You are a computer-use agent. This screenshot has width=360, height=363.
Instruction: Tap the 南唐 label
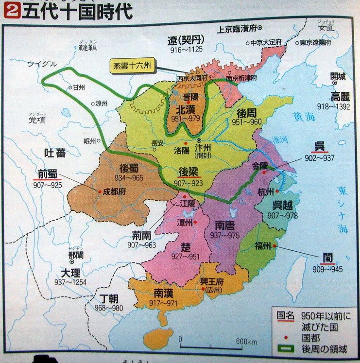[226, 226]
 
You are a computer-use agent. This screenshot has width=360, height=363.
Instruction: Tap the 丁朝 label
[110, 298]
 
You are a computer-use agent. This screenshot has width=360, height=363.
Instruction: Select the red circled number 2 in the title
[7, 11]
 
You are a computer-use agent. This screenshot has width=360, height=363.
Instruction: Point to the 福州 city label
[263, 246]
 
